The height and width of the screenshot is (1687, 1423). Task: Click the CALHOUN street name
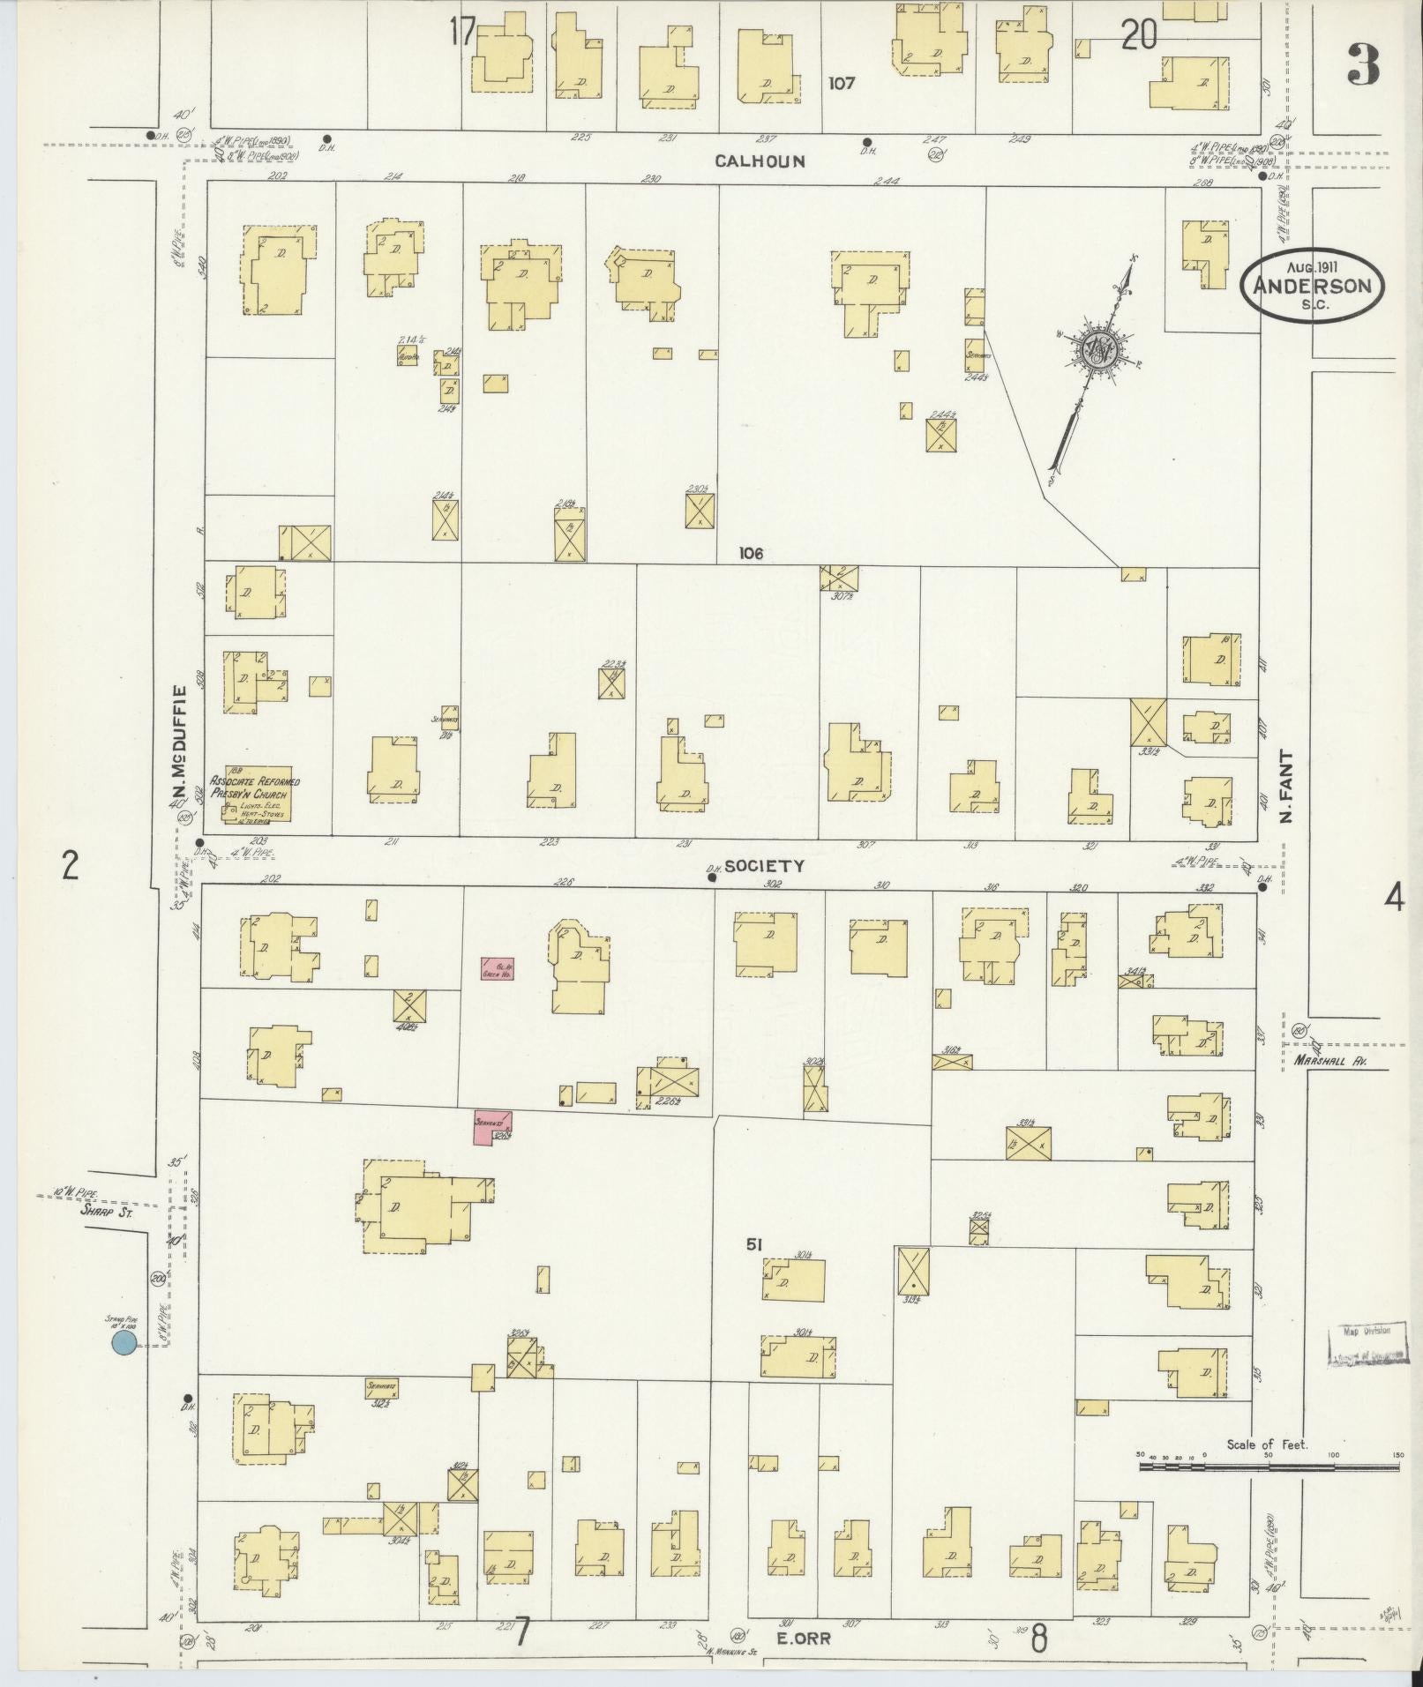click(760, 161)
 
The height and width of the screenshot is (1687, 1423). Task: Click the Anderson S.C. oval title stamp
click(1312, 284)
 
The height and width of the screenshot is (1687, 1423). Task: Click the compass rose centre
click(1100, 351)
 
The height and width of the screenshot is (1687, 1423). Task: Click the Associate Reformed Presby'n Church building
click(256, 795)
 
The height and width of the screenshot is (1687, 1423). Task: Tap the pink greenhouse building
click(498, 969)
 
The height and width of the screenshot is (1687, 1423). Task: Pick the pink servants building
click(494, 1128)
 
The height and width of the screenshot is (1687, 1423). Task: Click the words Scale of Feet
click(1267, 1444)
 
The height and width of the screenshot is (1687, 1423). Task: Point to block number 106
click(752, 553)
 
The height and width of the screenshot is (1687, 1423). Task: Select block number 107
click(842, 83)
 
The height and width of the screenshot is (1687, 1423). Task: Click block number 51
click(753, 1244)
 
